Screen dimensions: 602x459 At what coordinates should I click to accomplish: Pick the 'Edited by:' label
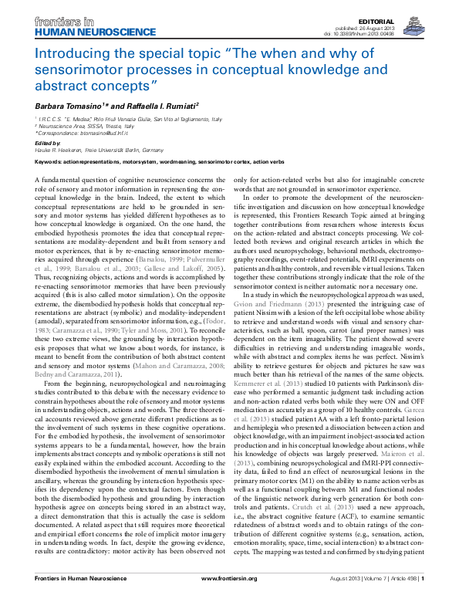[x=47, y=143]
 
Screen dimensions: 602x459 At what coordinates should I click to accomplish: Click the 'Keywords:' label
[x=49, y=162]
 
